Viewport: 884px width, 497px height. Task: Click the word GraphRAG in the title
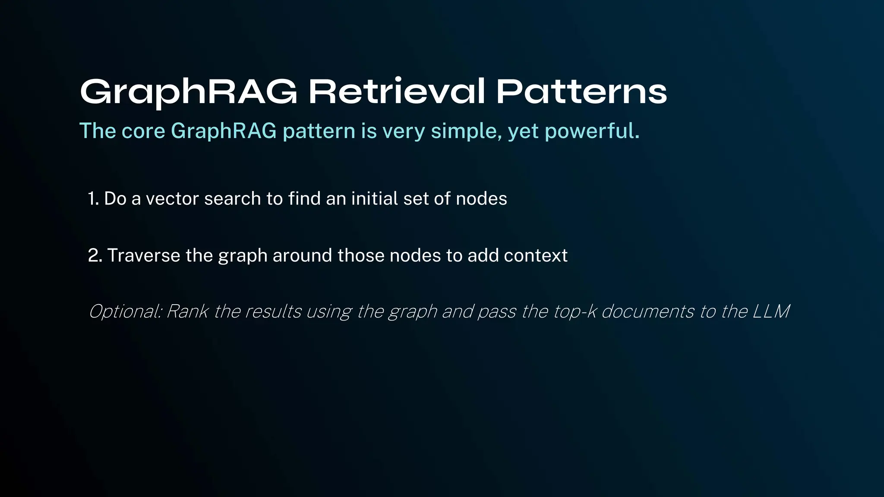coord(189,92)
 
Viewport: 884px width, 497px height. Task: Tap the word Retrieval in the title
coord(397,91)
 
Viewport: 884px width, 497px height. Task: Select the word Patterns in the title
coord(581,91)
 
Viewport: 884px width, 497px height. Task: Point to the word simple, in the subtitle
coord(467,131)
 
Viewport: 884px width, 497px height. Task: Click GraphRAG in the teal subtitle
coord(224,131)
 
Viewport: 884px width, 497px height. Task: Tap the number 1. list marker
coord(93,199)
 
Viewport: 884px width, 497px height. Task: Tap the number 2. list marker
coord(95,255)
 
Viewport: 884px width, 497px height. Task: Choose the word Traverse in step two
coord(143,255)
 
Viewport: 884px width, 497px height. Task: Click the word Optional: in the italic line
coord(125,311)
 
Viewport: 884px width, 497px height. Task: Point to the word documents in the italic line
coord(647,311)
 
